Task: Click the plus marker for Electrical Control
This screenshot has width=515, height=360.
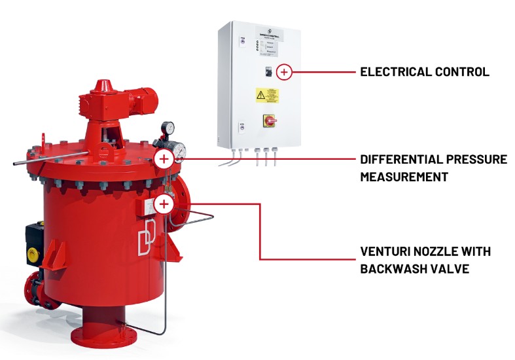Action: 283,72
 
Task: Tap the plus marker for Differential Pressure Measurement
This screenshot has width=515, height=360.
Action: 164,158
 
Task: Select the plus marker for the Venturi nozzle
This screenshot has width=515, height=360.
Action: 164,204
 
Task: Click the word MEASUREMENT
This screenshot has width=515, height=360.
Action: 404,177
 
